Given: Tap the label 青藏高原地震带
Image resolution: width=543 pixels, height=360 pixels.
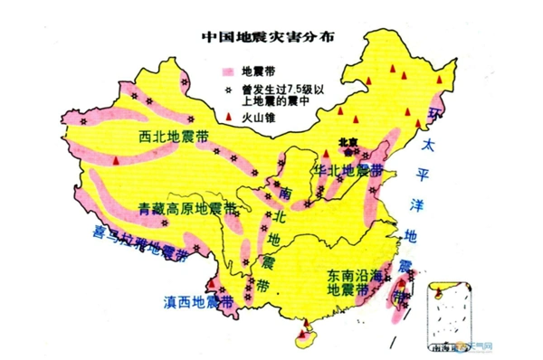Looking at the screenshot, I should click(x=180, y=208).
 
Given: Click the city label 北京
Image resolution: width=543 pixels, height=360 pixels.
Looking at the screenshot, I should click(x=348, y=142).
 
